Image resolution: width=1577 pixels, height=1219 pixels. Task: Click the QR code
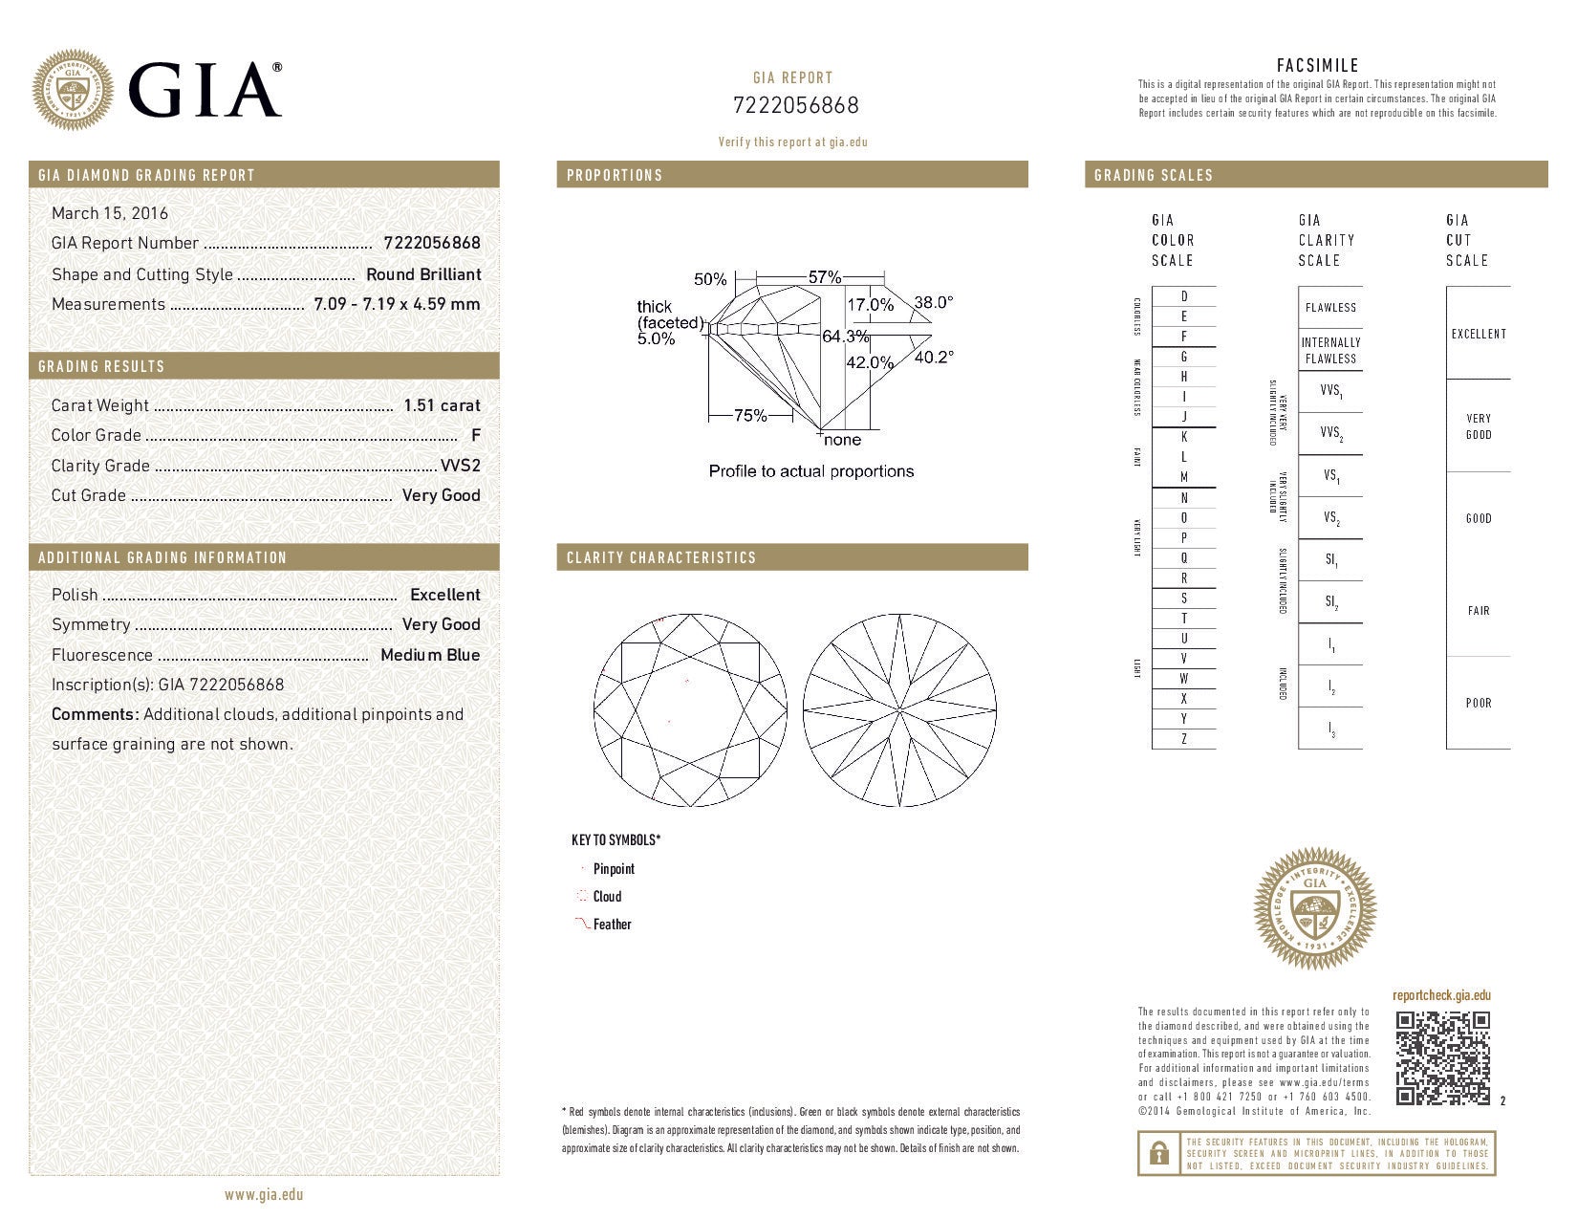pos(1442,1058)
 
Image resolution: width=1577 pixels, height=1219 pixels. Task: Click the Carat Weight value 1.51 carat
pos(442,405)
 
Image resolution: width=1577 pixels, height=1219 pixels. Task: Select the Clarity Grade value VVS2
pos(460,466)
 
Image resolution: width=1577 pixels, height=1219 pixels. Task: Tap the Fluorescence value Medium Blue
pos(430,655)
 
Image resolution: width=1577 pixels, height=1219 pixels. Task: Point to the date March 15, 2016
pos(110,213)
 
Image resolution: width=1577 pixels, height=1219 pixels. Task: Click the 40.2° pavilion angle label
pos(934,357)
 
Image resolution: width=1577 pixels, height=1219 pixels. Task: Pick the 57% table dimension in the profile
pos(824,277)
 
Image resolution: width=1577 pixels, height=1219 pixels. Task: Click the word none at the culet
pos(842,440)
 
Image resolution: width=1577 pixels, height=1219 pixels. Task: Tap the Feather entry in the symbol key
pos(612,925)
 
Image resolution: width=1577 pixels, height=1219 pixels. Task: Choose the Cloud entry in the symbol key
pos(607,897)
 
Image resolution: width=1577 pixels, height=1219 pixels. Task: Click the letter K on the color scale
pos(1184,437)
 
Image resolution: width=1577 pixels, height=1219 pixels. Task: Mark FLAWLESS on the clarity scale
pos(1330,308)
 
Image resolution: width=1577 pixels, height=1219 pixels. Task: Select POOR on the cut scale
pos(1479,703)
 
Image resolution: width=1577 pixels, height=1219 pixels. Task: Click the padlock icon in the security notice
pos(1157,1154)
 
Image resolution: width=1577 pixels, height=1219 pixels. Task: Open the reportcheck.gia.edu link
pos(1441,995)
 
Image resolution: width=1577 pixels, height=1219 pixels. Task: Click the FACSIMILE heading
pos(1317,66)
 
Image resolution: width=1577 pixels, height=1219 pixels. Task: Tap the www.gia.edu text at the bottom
pos(264,1194)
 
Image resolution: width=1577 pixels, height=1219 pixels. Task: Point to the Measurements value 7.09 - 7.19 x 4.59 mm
pos(397,304)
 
